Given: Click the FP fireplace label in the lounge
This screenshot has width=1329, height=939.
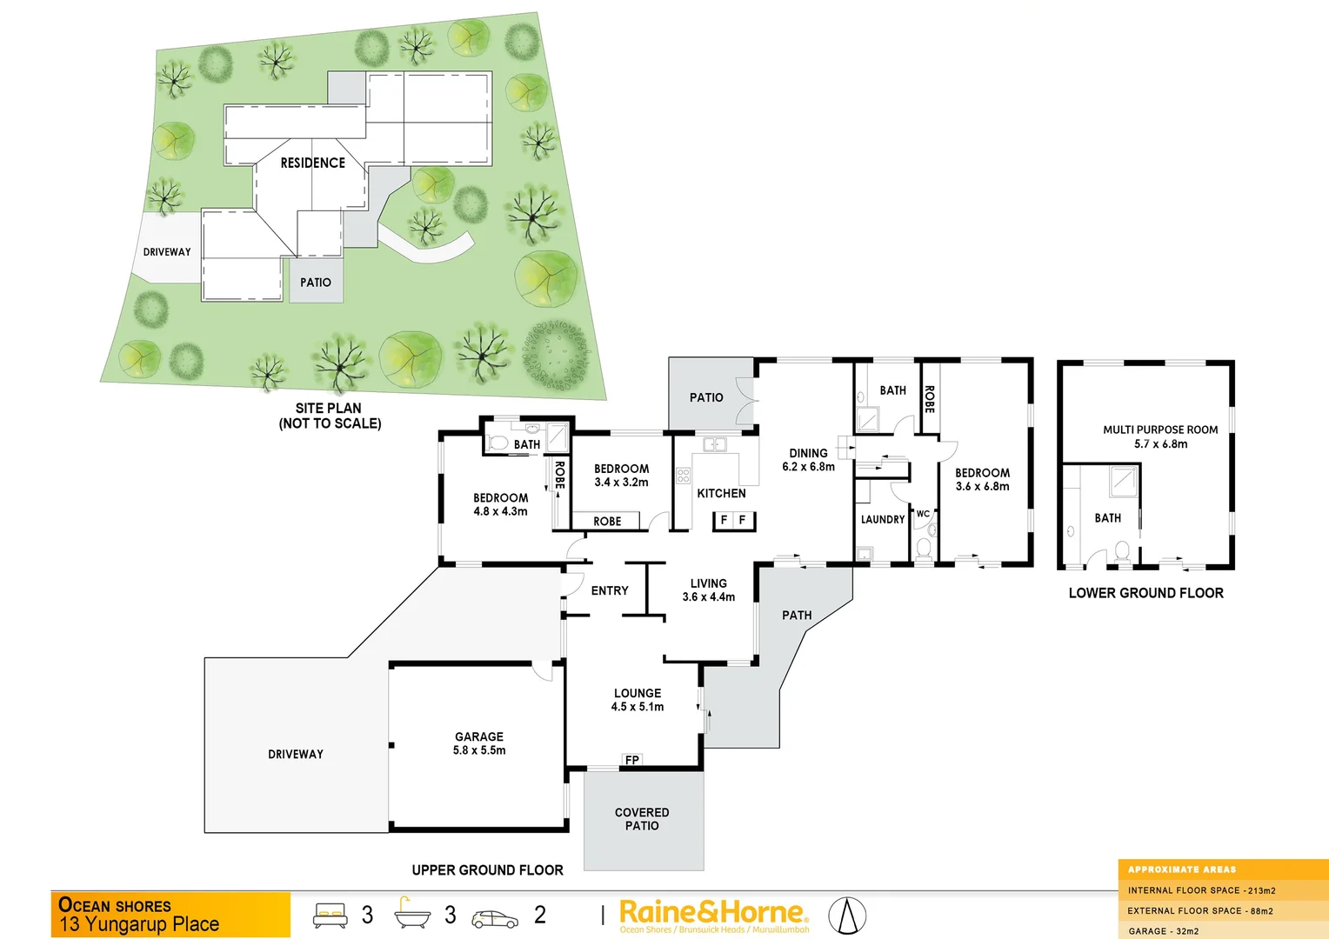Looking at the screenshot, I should (632, 760).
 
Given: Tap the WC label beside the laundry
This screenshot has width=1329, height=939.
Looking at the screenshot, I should (923, 514).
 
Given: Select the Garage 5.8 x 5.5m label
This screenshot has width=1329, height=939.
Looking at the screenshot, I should (479, 743).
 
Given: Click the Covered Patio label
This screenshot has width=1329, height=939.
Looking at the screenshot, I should (642, 819).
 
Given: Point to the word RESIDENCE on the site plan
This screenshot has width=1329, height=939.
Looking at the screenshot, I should (312, 163).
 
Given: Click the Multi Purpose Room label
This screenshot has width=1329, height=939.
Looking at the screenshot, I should (1160, 436).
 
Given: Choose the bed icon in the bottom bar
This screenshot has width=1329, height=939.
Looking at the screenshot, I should (331, 915).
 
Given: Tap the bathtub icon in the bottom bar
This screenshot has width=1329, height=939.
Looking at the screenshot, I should (412, 914).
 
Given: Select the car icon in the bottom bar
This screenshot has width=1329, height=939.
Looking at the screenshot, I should (495, 918).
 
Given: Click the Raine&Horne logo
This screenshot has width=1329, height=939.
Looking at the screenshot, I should (713, 915).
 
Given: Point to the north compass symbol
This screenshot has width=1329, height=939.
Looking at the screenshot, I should (847, 916).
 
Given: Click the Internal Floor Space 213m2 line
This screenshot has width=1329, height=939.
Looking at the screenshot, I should (1201, 890).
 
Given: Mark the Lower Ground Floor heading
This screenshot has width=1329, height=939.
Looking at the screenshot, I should (1145, 593).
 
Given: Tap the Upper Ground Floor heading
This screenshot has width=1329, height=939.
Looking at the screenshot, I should (487, 870).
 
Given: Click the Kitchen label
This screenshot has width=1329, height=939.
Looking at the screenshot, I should (721, 493).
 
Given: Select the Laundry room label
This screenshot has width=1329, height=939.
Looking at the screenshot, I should (883, 520).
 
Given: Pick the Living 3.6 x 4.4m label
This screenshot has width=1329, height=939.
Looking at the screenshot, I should (709, 590).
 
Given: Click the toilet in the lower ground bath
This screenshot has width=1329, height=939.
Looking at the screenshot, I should (1122, 551).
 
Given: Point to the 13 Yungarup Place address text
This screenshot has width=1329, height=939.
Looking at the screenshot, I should (139, 924).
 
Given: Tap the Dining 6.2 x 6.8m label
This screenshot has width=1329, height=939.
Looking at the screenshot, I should (808, 460).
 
